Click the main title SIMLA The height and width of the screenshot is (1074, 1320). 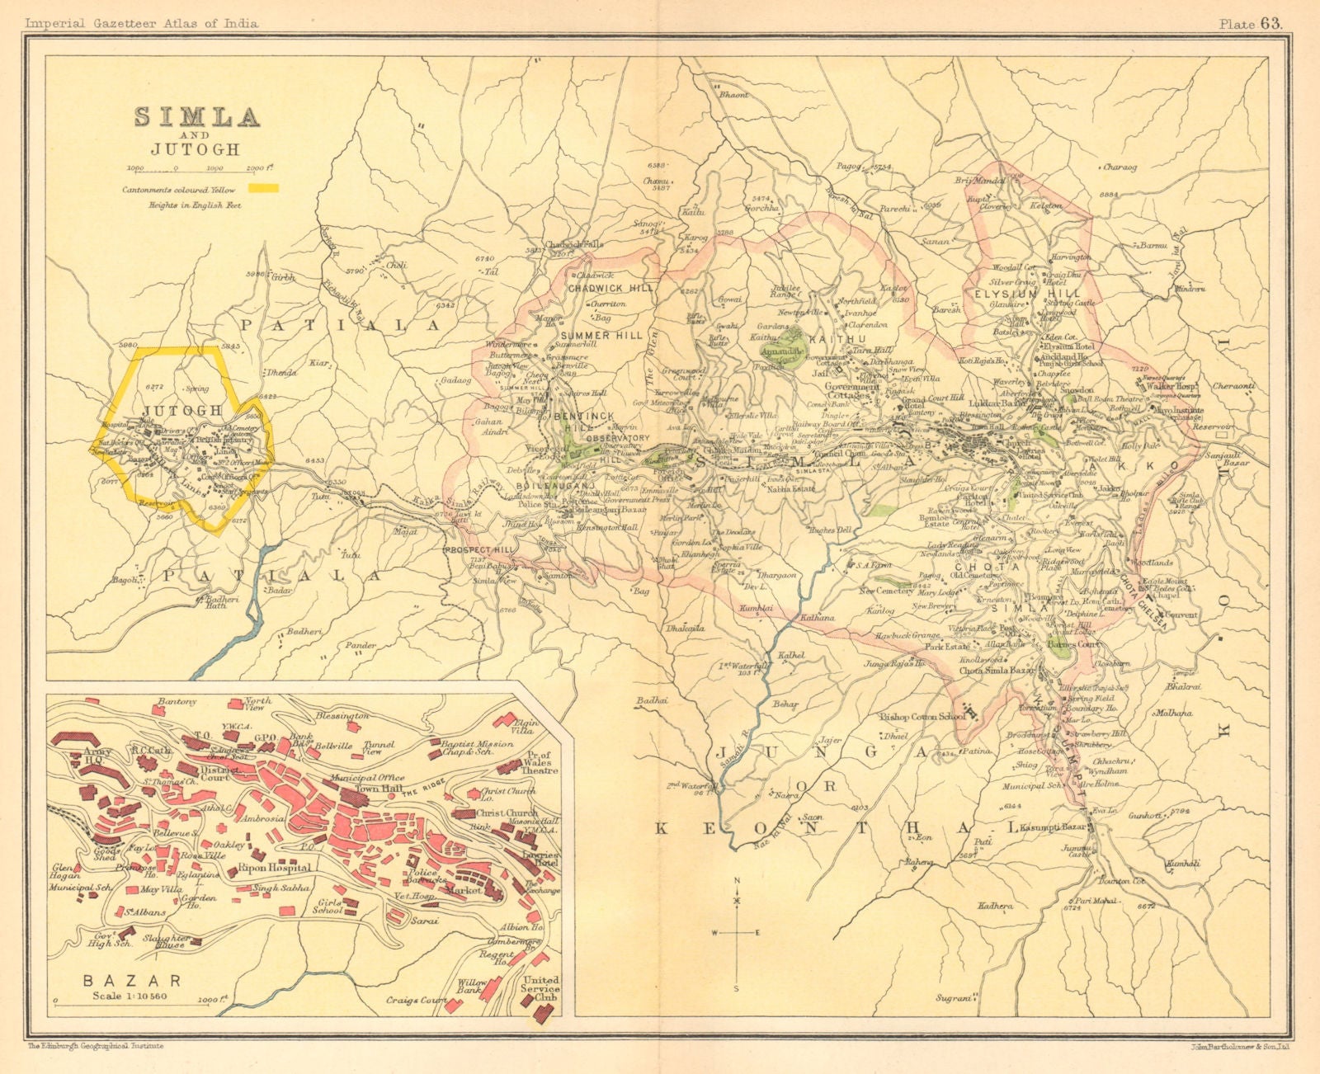point(197,117)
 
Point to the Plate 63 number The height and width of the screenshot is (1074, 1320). point(1251,23)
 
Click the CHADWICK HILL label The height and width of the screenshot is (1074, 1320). point(612,288)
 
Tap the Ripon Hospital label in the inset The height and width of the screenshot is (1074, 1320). point(275,868)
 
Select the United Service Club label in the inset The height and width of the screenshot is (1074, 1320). point(540,989)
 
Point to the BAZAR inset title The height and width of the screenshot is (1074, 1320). point(131,981)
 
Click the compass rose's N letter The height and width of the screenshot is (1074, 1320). point(737,881)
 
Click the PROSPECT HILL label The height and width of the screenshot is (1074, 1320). point(479,549)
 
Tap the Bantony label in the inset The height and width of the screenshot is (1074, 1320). point(176,701)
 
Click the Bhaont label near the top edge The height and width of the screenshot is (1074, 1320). point(734,95)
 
